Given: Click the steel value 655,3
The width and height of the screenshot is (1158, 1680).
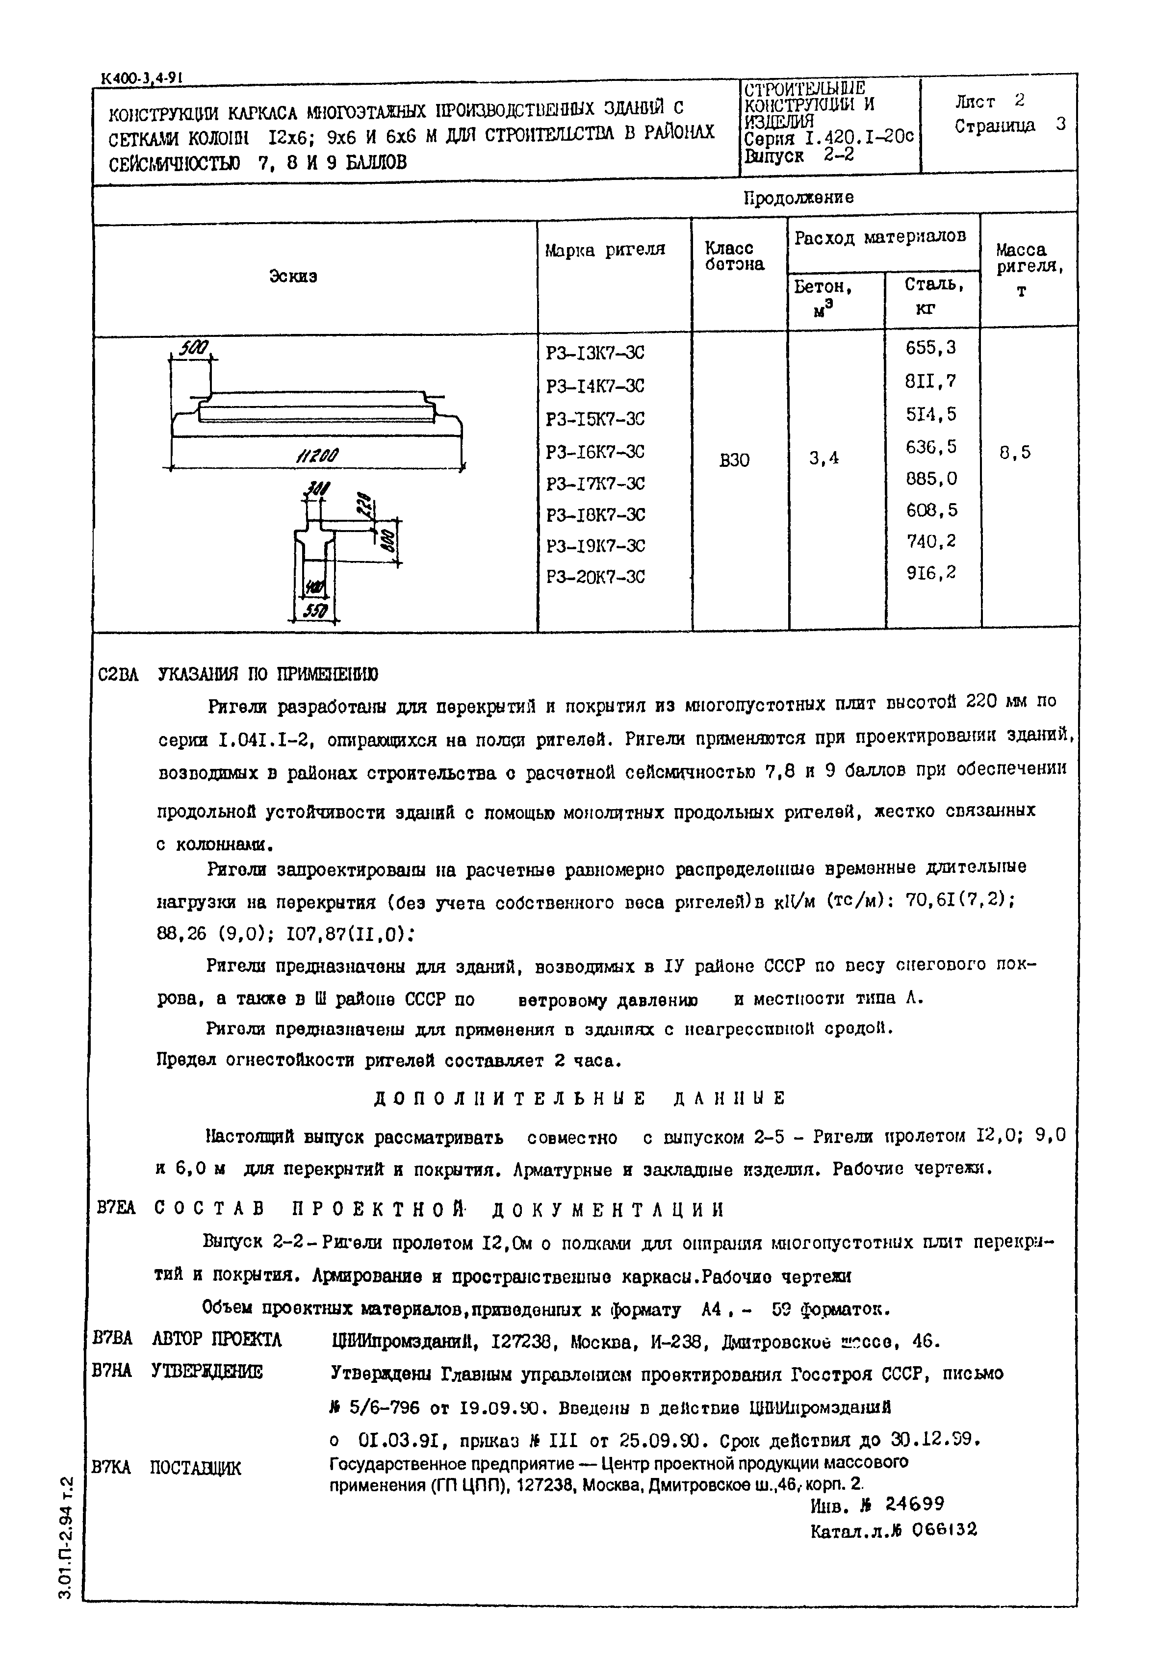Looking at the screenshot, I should pos(931,348).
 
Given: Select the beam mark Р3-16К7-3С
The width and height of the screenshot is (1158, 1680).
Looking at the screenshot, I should pos(595,452).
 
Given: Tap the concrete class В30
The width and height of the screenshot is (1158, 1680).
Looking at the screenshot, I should pos(734,460).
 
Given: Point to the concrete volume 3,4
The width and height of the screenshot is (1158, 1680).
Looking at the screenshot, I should pos(824,458).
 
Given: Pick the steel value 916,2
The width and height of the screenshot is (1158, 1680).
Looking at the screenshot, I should pos(931,573).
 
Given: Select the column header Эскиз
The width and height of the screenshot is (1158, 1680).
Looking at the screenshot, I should pos(293,277).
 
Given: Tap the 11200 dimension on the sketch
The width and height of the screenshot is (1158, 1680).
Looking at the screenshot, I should pos(317,456).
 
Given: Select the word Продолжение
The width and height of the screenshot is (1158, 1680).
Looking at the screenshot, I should pos(799,197).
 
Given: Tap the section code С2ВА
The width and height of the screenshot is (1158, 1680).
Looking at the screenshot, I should pos(118,675).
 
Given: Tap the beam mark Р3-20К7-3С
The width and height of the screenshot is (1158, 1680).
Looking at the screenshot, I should pos(595,578).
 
